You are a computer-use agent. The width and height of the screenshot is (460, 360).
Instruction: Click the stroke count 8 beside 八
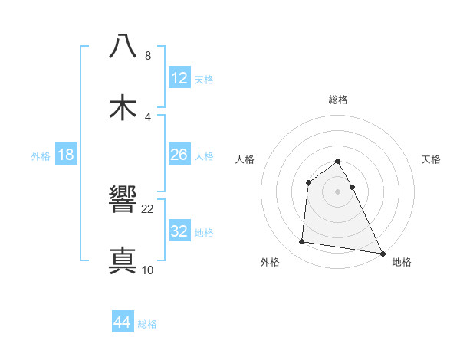148,56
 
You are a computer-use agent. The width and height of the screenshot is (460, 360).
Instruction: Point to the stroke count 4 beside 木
148,116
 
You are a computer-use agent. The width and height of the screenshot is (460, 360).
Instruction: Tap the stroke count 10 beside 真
148,270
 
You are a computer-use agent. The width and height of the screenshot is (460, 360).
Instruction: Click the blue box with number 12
179,78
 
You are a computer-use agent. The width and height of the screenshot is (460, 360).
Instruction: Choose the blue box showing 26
179,155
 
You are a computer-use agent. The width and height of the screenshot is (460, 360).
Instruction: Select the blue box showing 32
179,231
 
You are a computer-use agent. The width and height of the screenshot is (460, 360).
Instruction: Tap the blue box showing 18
66,155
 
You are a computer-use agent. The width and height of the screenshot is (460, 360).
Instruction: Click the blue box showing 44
123,322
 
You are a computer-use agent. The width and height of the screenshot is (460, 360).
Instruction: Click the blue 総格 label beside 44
147,324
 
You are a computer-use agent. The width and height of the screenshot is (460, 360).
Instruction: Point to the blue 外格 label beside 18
41,156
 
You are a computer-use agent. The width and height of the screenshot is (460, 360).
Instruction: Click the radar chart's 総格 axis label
338,100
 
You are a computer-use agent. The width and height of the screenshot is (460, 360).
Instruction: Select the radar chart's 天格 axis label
432,159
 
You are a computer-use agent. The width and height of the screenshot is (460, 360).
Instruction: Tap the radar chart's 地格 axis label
402,262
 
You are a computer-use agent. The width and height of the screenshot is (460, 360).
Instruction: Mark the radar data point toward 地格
383,253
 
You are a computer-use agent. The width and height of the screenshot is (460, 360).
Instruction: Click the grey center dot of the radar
338,191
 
